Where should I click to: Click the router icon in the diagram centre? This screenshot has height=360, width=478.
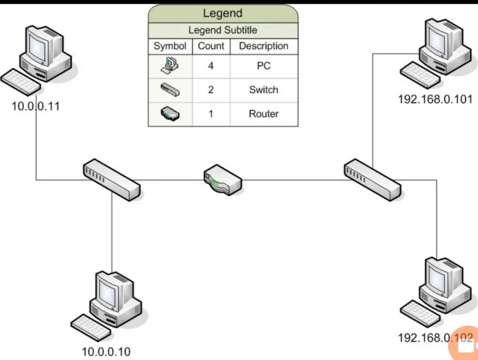click(223, 180)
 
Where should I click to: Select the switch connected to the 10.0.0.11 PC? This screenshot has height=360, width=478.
click(112, 179)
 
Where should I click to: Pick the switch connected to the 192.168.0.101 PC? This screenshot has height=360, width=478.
click(372, 179)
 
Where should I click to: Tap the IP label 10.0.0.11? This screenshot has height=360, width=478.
click(36, 106)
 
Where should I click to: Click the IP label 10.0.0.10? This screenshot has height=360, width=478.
click(106, 352)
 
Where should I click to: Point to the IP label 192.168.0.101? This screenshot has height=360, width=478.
click(436, 99)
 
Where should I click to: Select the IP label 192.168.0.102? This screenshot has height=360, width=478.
click(436, 338)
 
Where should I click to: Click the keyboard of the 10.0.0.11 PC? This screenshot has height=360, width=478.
click(21, 83)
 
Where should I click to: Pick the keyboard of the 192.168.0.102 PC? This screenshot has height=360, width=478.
click(420, 314)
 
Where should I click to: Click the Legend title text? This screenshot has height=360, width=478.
click(223, 13)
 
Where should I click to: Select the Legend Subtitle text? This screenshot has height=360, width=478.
click(223, 30)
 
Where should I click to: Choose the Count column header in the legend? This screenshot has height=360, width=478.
click(211, 46)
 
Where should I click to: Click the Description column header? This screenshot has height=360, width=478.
click(263, 46)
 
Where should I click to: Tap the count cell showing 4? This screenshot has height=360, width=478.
click(211, 66)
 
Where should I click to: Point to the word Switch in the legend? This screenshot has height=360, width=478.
click(263, 90)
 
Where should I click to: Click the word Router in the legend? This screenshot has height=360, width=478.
click(263, 114)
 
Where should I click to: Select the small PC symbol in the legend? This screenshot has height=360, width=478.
click(170, 66)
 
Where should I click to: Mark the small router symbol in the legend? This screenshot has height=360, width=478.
click(170, 114)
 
